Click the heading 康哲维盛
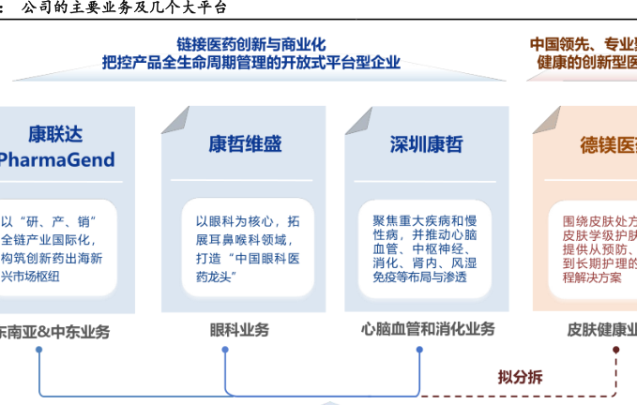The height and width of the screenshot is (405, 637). pos(245,144)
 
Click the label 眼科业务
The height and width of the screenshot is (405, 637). pos(239,330)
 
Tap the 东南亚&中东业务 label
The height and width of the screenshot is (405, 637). pos(53,331)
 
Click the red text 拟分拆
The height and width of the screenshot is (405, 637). pos(520,378)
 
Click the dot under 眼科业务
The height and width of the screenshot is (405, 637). pos(225,350)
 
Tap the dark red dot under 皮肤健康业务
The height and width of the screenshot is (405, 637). pos(616,350)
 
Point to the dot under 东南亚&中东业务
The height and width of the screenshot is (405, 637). pos(39,350)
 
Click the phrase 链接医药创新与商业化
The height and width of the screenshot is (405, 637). pos(251,44)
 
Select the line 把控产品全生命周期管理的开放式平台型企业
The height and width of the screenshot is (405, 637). pos(251,63)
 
